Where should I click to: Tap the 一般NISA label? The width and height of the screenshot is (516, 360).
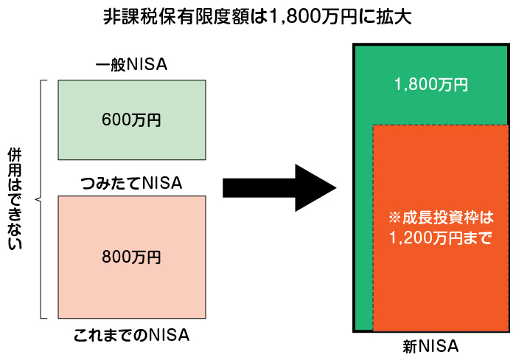[x=132, y=66]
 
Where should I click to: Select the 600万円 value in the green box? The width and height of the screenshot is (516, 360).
[x=132, y=120]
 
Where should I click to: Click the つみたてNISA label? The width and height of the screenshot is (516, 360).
[x=132, y=181]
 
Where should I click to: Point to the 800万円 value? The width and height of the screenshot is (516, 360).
[x=132, y=257]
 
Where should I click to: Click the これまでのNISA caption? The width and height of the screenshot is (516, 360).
[x=132, y=335]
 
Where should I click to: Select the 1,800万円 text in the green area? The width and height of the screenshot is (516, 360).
[x=431, y=85]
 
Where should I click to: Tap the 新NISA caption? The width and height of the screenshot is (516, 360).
[x=431, y=346]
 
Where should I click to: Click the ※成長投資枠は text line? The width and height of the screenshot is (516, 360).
[x=440, y=219]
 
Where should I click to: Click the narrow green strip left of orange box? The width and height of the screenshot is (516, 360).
[x=364, y=229]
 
